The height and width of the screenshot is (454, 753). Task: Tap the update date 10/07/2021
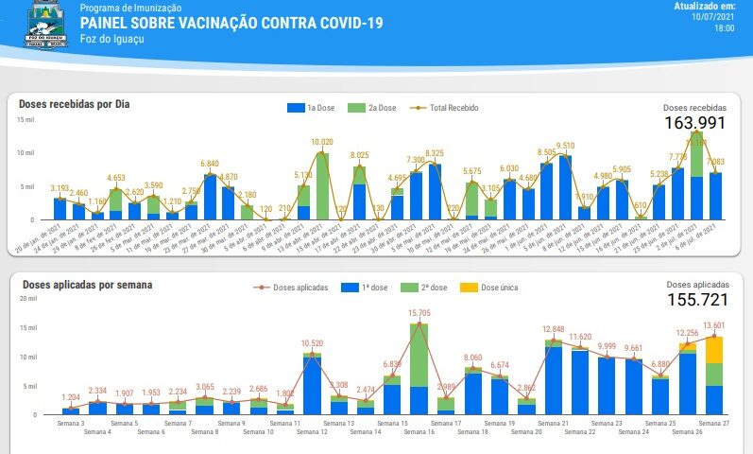coord(712,17)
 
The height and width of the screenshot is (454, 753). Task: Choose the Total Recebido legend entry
coord(449,108)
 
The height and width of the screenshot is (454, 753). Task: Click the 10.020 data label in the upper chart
coord(321,143)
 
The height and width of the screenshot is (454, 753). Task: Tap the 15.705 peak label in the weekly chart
coord(419,313)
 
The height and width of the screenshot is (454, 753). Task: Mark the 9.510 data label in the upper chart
coord(566,146)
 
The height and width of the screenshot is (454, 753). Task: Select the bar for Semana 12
coord(312,383)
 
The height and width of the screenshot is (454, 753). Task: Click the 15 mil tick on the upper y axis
coord(26,119)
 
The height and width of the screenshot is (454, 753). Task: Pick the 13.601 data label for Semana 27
coord(714,326)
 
